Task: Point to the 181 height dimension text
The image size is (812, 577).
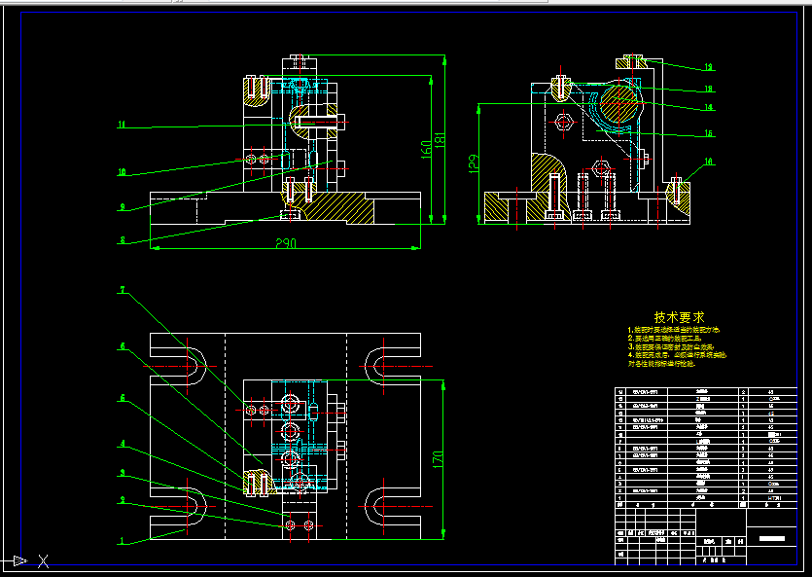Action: [x=440, y=140]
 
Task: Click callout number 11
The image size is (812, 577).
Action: [x=122, y=125]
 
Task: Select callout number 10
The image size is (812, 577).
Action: [x=122, y=172]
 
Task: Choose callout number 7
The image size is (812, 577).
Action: [x=122, y=290]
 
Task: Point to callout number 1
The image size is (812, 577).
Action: [x=122, y=540]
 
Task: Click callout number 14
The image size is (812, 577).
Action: [x=709, y=107]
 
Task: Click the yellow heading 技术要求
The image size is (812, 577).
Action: [x=680, y=317]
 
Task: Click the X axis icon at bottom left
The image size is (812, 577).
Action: [x=43, y=560]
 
